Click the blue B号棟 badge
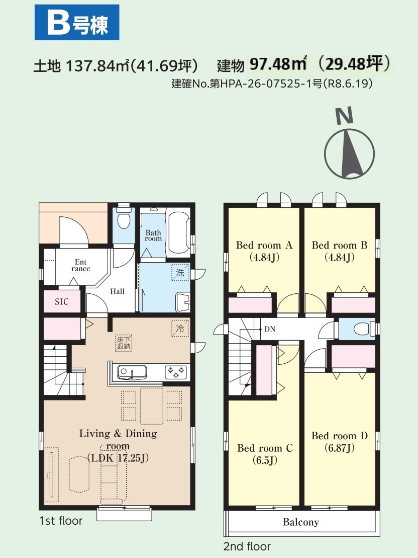[77, 22]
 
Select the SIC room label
[61, 302]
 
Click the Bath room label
[153, 235]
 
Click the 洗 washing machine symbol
[180, 273]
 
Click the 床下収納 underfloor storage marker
[124, 343]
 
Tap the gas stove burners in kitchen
[176, 372]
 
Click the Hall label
[117, 291]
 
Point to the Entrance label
[81, 266]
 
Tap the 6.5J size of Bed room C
[265, 460]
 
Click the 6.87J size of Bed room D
[340, 448]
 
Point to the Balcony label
[301, 522]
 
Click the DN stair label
[270, 329]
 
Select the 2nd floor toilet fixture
[363, 329]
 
